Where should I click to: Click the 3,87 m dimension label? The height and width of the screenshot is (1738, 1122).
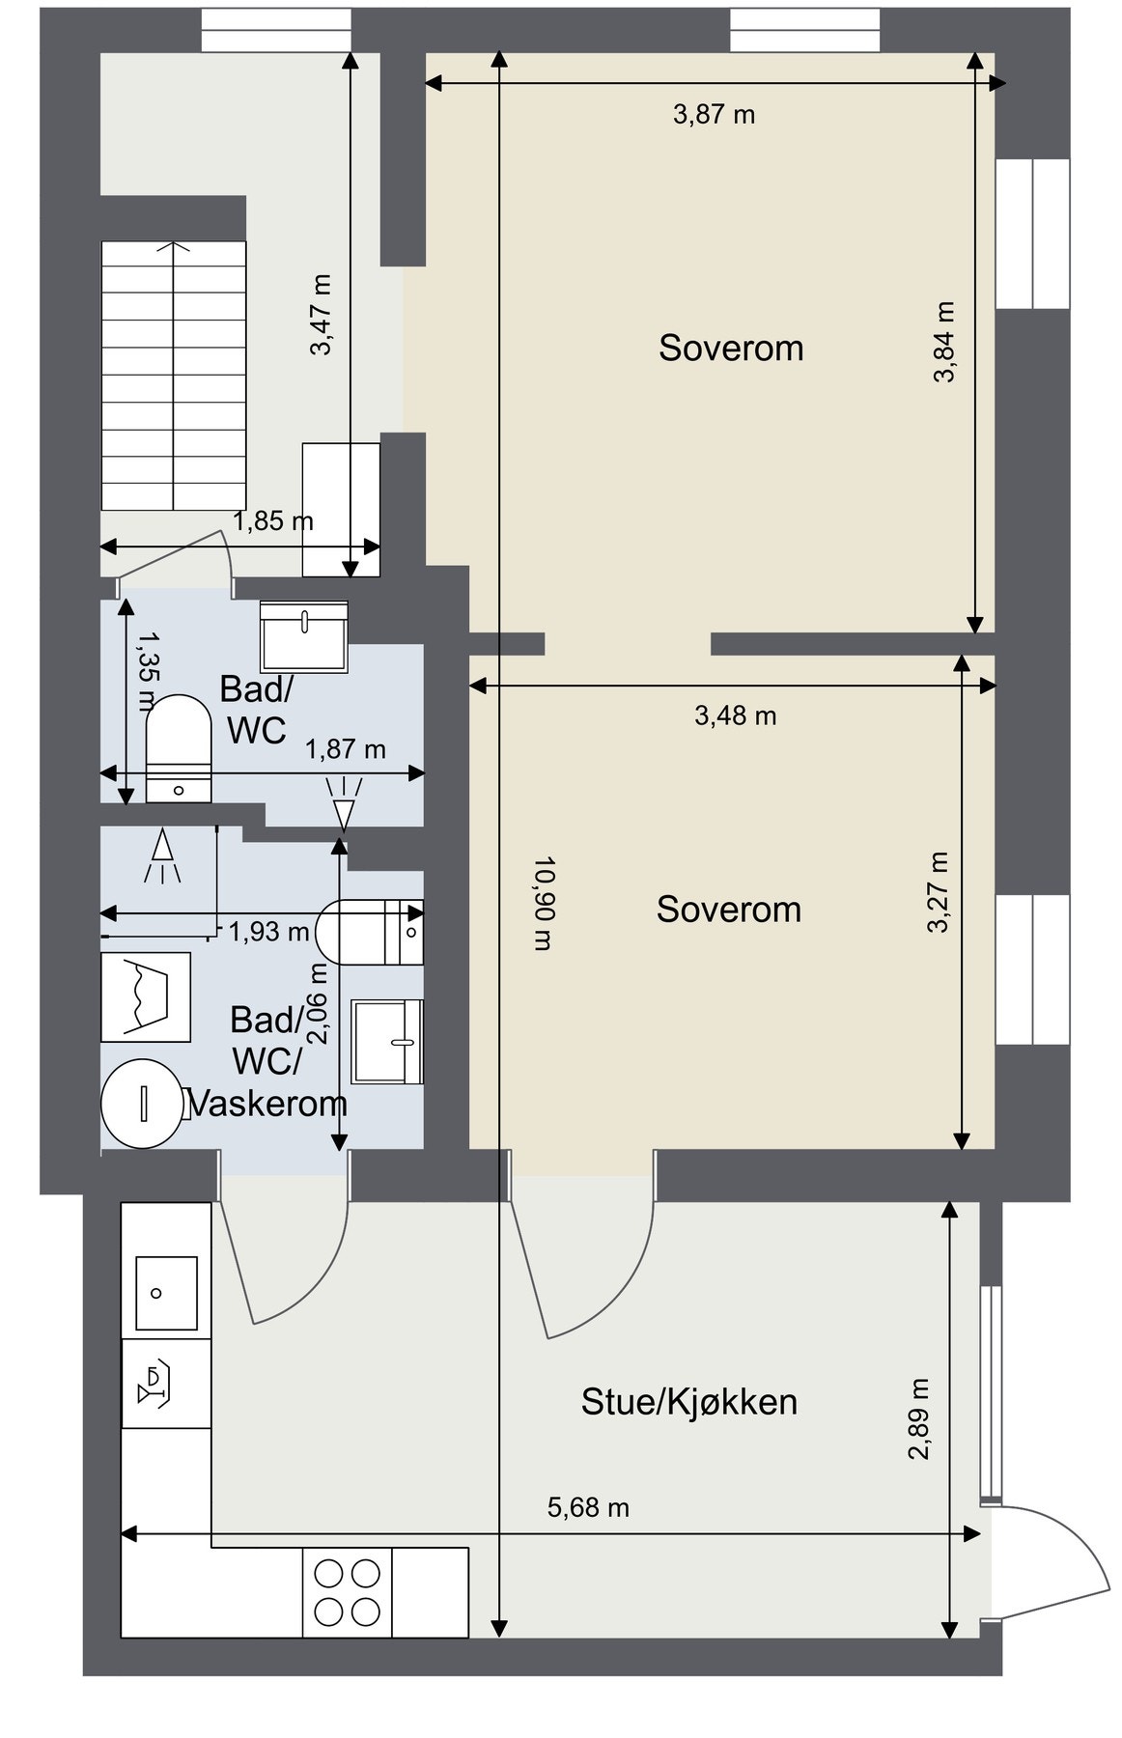(714, 115)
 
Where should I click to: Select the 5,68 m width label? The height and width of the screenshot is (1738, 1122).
(588, 1507)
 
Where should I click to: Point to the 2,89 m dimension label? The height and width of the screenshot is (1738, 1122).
(918, 1418)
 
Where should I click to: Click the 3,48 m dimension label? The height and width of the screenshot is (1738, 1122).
(736, 715)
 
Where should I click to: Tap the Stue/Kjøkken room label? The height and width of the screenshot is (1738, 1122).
(688, 1402)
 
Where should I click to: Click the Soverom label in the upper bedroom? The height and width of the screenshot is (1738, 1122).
(731, 348)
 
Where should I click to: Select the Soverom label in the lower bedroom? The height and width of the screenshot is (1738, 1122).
(729, 910)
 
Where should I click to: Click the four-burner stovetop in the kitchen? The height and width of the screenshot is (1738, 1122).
(348, 1592)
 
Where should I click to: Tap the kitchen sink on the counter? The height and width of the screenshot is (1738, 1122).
(166, 1293)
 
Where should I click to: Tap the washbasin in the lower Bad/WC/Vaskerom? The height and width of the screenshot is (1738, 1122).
(387, 1042)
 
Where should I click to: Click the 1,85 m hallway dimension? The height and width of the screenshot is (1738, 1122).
(273, 522)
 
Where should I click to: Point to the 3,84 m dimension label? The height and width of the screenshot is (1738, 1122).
(943, 343)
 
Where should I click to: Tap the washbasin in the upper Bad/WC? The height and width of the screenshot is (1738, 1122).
(304, 632)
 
